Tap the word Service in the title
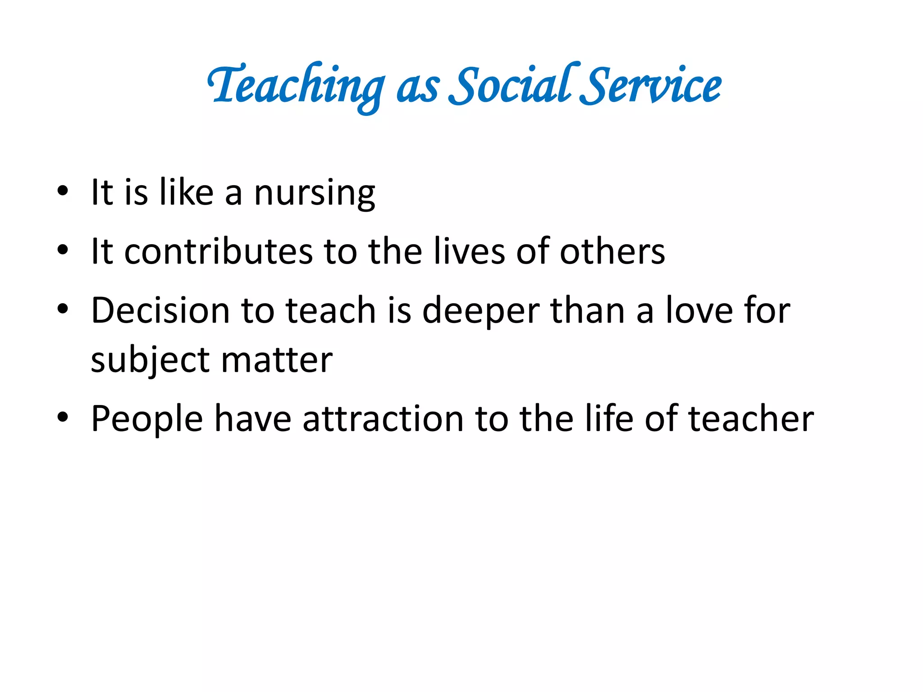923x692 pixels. (x=651, y=86)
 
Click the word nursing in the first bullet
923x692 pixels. (x=315, y=193)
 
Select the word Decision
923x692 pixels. (x=160, y=310)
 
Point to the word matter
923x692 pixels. (x=277, y=360)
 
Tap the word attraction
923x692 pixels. (x=383, y=419)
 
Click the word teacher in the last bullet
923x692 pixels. (x=751, y=419)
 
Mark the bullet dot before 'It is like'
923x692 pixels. (x=63, y=191)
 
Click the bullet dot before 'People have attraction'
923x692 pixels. (x=63, y=417)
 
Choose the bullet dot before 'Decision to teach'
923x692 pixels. (x=63, y=309)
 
